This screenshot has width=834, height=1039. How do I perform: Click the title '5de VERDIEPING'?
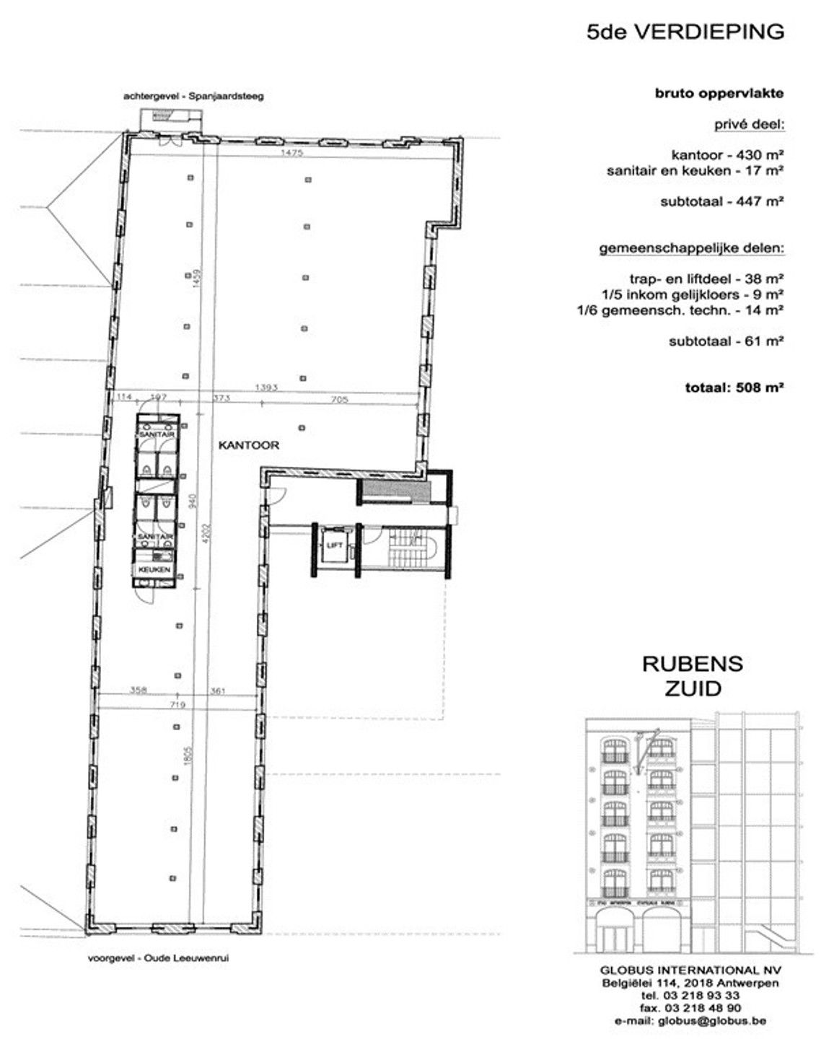pyautogui.click(x=685, y=32)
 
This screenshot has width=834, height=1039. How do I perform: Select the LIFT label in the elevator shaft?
pyautogui.click(x=333, y=545)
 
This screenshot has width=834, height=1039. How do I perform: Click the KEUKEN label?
pyautogui.click(x=155, y=569)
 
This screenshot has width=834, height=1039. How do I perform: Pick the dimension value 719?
pyautogui.click(x=177, y=704)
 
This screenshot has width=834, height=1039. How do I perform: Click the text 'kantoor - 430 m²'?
pyautogui.click(x=727, y=154)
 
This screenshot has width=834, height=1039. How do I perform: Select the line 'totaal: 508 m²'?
pyautogui.click(x=734, y=387)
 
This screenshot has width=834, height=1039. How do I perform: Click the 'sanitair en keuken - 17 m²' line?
pyautogui.click(x=695, y=171)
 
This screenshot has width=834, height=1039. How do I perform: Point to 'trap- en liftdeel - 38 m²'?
pyautogui.click(x=707, y=279)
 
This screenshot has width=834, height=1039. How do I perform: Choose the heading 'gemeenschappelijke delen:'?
pyautogui.click(x=691, y=249)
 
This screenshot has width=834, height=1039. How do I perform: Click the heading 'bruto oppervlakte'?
pyautogui.click(x=719, y=93)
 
